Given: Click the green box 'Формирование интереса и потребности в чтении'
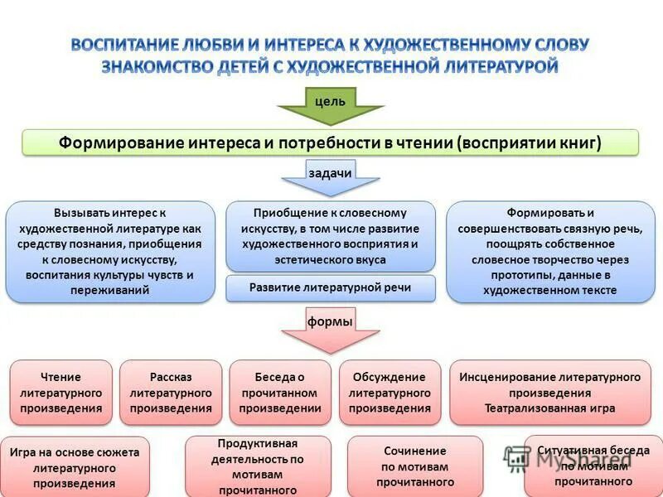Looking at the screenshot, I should [330, 142].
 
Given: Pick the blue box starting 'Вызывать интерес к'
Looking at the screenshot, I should [110, 251].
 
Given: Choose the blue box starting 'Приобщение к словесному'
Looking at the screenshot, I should [330, 236].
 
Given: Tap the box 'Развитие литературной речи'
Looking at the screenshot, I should [330, 288].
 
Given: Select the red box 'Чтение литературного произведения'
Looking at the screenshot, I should [60, 393].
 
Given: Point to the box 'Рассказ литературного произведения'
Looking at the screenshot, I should [171, 393].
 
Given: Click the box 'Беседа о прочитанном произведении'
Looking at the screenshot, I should [280, 393].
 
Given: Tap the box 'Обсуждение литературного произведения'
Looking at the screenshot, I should [390, 393].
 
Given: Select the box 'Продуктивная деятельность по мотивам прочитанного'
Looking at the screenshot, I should [258, 467].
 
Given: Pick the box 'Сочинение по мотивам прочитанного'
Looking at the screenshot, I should [414, 466].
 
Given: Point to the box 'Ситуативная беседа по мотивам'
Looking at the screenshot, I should [593, 466].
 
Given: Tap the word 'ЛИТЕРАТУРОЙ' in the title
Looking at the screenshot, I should [497, 67].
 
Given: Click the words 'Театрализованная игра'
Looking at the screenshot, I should [550, 408].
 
